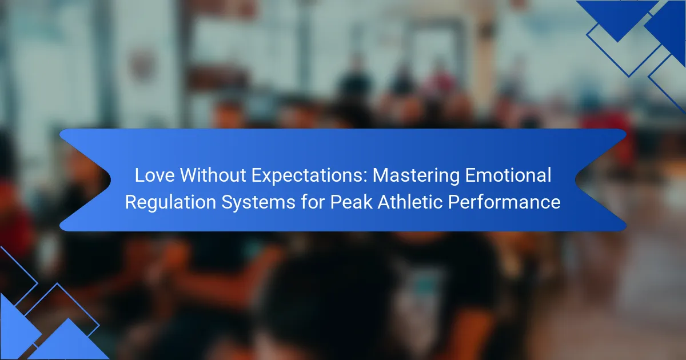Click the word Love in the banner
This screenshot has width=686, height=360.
pyautogui.click(x=155, y=175)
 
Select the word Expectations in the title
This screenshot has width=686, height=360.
pyautogui.click(x=307, y=176)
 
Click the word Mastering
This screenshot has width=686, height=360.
pyautogui.click(x=416, y=176)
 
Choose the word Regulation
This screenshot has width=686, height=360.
pyautogui.click(x=170, y=203)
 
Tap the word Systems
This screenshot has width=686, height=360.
pyautogui.click(x=258, y=203)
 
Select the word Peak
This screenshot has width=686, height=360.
pyautogui.click(x=351, y=202)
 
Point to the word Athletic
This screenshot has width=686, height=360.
pyautogui.click(x=410, y=202)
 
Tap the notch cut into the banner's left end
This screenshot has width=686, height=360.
pyautogui.click(x=110, y=179)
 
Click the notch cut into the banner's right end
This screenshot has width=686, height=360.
pyautogui.click(x=576, y=179)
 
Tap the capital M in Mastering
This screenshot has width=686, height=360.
pyautogui.click(x=380, y=175)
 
